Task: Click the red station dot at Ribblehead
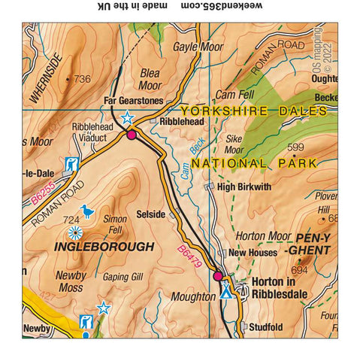point(132,135)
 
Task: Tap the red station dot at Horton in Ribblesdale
point(218,276)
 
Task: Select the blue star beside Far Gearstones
point(127,118)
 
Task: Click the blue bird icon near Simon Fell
point(88,212)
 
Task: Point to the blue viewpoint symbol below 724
point(75,232)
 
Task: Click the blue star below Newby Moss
point(104,308)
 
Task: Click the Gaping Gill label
point(123,277)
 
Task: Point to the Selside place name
point(150,214)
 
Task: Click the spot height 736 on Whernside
point(81,79)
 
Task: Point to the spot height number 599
point(295,147)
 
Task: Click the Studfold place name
point(267,327)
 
